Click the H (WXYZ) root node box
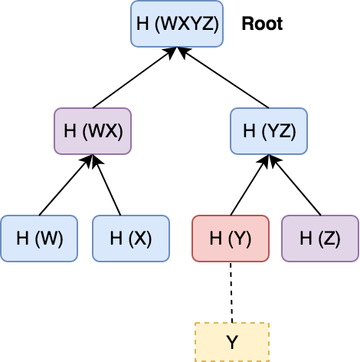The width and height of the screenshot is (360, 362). pyautogui.click(x=177, y=24)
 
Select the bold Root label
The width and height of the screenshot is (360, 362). pyautogui.click(x=262, y=24)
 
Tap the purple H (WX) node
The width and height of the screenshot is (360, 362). pyautogui.click(x=93, y=131)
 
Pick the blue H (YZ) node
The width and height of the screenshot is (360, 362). pyautogui.click(x=269, y=131)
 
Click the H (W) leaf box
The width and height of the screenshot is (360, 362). pyautogui.click(x=39, y=239)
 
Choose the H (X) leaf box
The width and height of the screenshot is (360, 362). pyautogui.click(x=131, y=239)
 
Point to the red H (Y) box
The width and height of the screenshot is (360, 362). pyautogui.click(x=231, y=239)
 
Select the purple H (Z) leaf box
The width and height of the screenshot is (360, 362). pyautogui.click(x=320, y=239)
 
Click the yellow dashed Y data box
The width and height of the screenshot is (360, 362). pyautogui.click(x=232, y=342)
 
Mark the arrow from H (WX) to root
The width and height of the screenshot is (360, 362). pyautogui.click(x=135, y=77)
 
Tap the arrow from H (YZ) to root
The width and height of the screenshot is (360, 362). pyautogui.click(x=223, y=77)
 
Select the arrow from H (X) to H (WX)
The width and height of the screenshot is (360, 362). pyautogui.click(x=106, y=185)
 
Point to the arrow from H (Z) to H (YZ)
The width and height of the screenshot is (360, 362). pyautogui.click(x=295, y=185)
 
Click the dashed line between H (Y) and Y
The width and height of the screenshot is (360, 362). pyautogui.click(x=231, y=292)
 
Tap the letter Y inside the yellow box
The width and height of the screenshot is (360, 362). pyautogui.click(x=232, y=342)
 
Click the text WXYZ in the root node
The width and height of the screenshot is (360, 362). pyautogui.click(x=187, y=24)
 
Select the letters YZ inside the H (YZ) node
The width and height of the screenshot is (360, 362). pyautogui.click(x=279, y=131)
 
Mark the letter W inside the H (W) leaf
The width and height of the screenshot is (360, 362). pyautogui.click(x=49, y=239)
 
